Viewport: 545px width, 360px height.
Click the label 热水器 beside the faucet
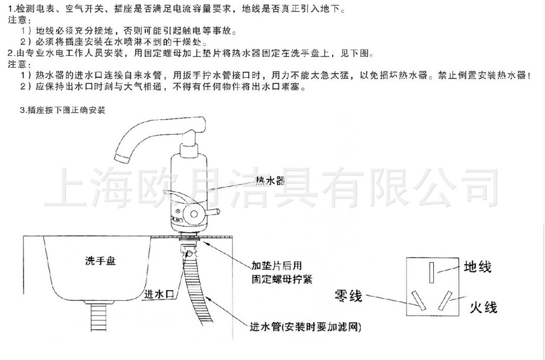pyautogui.click(x=270, y=181)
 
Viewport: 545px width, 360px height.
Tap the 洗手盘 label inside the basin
pyautogui.click(x=100, y=261)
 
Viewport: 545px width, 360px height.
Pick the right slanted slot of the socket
pyautogui.click(x=446, y=300)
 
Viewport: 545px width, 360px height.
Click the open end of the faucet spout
pyautogui.click(x=121, y=157)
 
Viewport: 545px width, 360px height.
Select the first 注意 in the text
pyautogui.click(x=16, y=20)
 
